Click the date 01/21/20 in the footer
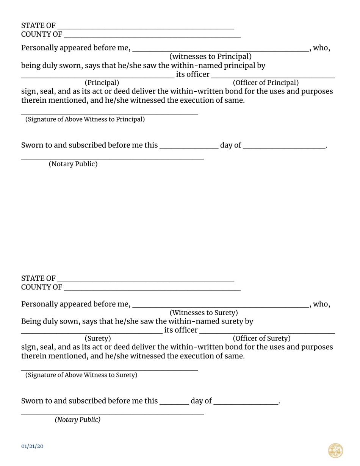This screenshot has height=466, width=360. pos(32,446)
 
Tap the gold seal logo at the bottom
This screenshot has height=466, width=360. pos(335,450)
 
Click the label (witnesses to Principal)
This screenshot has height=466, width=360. pos(210,57)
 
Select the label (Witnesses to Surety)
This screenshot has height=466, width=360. pos(203,313)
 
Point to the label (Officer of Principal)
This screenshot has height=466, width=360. pos(266,83)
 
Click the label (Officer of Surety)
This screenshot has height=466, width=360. pos(261,338)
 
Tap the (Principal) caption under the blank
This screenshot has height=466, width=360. pos(102,83)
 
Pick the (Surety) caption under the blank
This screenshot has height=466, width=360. pos(97,338)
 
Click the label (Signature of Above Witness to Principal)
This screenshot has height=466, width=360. pos(85,119)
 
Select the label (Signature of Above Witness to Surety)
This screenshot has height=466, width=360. pos(81,375)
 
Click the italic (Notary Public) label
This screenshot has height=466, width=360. pos(78,420)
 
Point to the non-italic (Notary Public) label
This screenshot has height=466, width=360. pos(73,164)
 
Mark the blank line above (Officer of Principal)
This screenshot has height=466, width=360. pos(273,77)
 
